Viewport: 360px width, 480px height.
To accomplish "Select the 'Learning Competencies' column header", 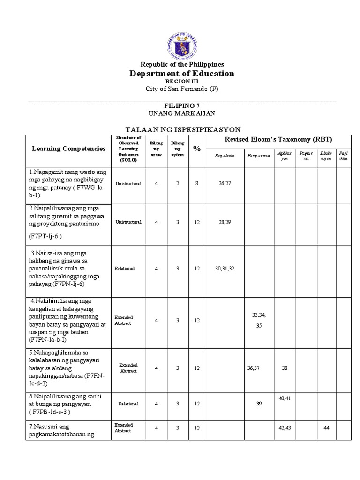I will [68, 148].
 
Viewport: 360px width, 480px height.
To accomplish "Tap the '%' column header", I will [197, 149].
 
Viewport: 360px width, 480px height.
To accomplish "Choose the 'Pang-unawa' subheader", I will [258, 156].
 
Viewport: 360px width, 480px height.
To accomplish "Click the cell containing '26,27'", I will [225, 184].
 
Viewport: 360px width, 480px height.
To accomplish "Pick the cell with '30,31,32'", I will [225, 269].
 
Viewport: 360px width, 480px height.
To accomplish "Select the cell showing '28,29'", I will [225, 222].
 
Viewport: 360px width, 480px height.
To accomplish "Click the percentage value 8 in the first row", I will [197, 184].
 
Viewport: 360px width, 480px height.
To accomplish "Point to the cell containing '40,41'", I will [285, 398].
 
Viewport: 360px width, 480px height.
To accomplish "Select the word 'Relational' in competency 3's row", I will [125, 269].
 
